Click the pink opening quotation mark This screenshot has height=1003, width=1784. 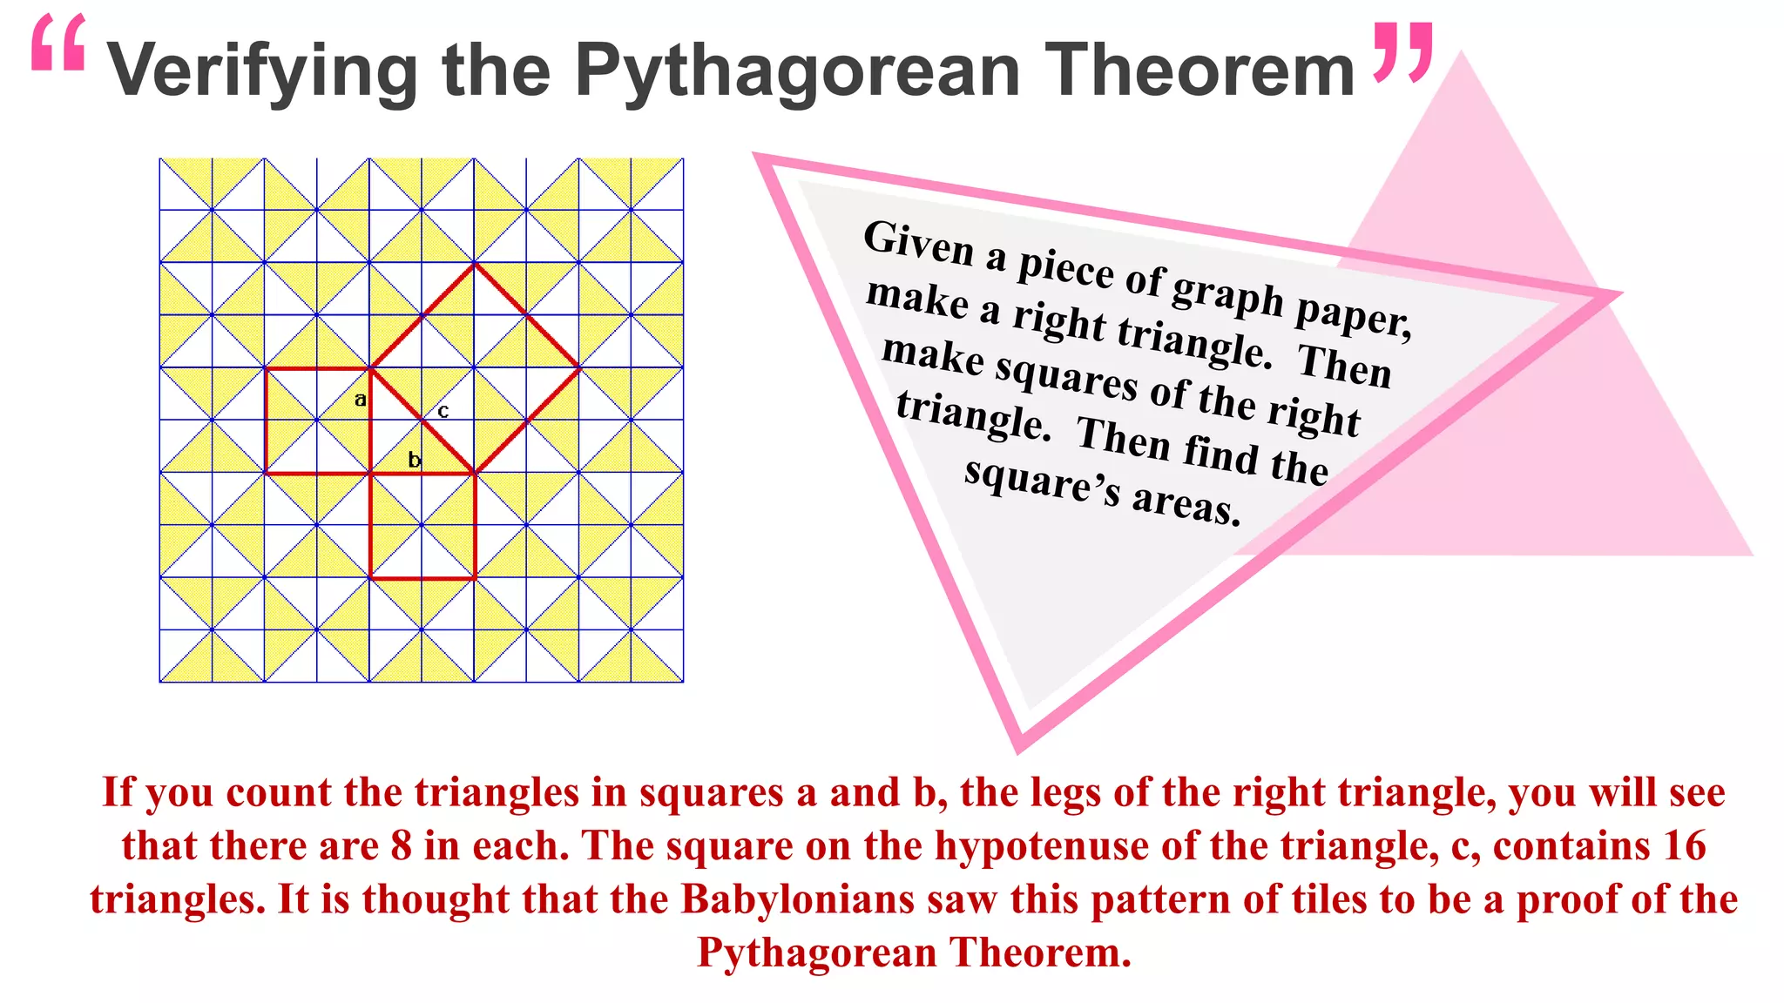click(x=58, y=44)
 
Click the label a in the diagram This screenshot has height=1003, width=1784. click(x=360, y=400)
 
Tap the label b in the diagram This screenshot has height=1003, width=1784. click(x=415, y=460)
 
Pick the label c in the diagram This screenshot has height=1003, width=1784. click(x=443, y=411)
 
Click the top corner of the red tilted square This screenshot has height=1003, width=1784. click(x=475, y=263)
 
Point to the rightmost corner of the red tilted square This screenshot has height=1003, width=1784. click(x=579, y=367)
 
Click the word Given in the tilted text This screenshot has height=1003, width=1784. click(x=918, y=244)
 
